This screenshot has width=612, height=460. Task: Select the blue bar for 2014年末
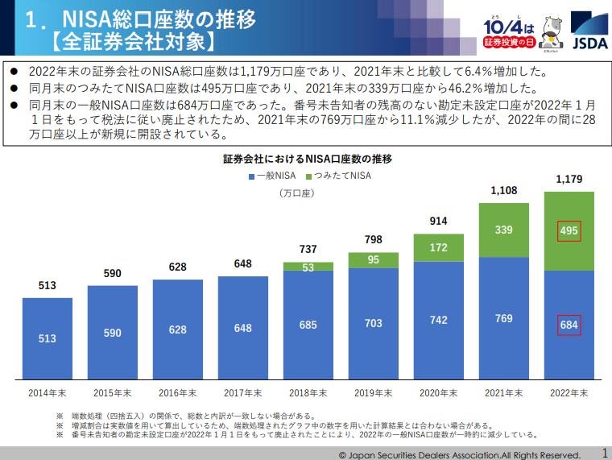(48, 338)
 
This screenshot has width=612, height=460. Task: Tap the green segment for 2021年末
(504, 230)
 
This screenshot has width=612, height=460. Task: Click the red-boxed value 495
(569, 231)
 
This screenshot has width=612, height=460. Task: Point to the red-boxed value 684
(569, 325)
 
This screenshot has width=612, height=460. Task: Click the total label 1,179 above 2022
(569, 179)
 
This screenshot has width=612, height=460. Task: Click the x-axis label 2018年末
(308, 392)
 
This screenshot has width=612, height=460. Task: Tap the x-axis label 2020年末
(439, 392)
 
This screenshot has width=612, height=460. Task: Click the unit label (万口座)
(296, 193)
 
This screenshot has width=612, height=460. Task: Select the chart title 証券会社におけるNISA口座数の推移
(307, 159)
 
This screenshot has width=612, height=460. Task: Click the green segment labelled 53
(308, 267)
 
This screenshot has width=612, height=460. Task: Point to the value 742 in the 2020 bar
(439, 320)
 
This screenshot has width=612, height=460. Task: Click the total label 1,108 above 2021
(504, 191)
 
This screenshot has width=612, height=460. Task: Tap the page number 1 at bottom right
(603, 453)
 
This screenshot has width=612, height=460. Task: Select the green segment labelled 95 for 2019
(374, 259)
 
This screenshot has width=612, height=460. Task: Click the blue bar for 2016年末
(178, 329)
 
